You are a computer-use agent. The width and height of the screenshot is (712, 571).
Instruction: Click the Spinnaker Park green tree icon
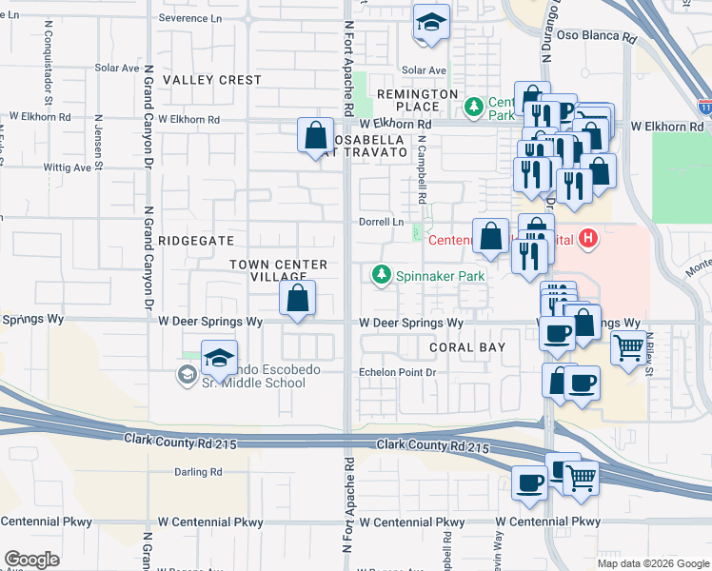click(382, 275)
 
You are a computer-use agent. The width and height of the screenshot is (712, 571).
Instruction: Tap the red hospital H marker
click(589, 238)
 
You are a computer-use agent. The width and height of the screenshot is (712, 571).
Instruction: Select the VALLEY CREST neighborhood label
click(211, 80)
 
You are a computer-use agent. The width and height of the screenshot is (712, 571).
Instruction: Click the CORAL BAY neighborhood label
click(467, 347)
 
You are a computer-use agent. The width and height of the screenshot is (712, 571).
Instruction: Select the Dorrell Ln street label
click(383, 222)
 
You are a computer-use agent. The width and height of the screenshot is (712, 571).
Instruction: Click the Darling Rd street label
click(198, 471)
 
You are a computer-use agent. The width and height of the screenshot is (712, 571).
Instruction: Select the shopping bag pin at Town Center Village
click(298, 298)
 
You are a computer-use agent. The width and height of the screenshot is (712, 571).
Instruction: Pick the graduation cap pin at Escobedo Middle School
click(219, 359)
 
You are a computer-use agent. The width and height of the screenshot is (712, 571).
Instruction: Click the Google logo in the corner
click(30, 559)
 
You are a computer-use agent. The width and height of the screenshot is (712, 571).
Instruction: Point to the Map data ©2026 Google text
click(653, 563)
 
